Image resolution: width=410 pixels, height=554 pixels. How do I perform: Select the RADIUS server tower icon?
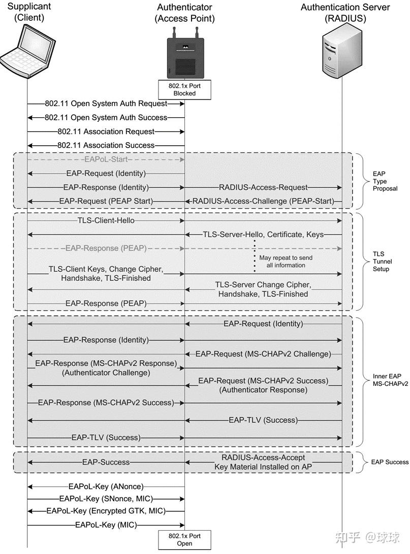pyautogui.click(x=342, y=53)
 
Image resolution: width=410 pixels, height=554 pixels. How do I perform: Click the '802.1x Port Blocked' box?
pyautogui.click(x=185, y=89)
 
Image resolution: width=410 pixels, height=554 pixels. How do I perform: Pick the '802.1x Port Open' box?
pyautogui.click(x=185, y=539)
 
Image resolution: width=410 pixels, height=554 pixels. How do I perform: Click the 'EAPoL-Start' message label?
pyautogui.click(x=106, y=159)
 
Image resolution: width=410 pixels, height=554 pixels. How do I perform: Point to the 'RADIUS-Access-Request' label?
pyautogui.click(x=263, y=187)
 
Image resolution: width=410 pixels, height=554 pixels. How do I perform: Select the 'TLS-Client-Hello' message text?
pyautogui.click(x=106, y=221)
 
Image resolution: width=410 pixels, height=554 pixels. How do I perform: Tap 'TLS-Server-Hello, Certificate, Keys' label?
pyautogui.click(x=263, y=234)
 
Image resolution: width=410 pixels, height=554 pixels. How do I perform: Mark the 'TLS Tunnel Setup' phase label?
pyautogui.click(x=381, y=261)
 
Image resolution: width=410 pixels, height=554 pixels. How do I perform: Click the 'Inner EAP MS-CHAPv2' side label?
pyautogui.click(x=387, y=380)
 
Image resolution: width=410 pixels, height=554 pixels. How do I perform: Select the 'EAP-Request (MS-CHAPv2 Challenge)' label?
pyautogui.click(x=263, y=353)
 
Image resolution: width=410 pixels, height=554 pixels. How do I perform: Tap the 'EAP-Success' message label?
pyautogui.click(x=106, y=462)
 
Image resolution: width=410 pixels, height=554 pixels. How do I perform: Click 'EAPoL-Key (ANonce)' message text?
pyautogui.click(x=106, y=486)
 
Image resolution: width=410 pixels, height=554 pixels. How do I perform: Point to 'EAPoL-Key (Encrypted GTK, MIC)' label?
pyautogui.click(x=106, y=511)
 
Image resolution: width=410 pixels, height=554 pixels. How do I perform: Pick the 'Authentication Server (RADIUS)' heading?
pyautogui.click(x=345, y=13)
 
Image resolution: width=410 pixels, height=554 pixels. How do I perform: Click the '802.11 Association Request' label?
pyautogui.click(x=106, y=132)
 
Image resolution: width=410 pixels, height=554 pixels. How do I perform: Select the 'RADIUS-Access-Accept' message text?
pyautogui.click(x=263, y=457)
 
